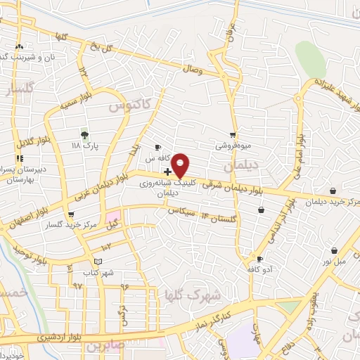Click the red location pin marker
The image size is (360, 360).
(x=181, y=165)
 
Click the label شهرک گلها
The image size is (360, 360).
(x=190, y=294)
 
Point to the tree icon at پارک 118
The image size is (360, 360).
(x=85, y=134)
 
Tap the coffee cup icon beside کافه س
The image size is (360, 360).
(x=158, y=147)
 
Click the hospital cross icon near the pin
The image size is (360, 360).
(x=167, y=172)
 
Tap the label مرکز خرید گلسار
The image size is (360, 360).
(x=69, y=226)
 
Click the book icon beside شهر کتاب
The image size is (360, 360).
(x=98, y=261)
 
